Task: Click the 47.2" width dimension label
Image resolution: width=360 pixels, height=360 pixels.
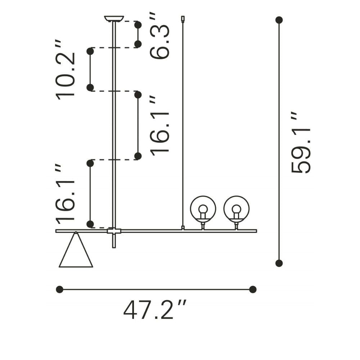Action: click(x=155, y=310)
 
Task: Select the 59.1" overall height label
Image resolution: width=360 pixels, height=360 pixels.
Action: click(x=301, y=142)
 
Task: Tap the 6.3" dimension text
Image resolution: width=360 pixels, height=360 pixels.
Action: click(x=159, y=36)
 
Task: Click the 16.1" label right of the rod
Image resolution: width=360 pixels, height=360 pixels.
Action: click(x=159, y=124)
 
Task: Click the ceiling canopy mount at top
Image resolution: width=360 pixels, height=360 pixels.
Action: click(x=114, y=19)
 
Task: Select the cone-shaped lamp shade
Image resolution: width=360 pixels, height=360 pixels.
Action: click(x=76, y=250)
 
